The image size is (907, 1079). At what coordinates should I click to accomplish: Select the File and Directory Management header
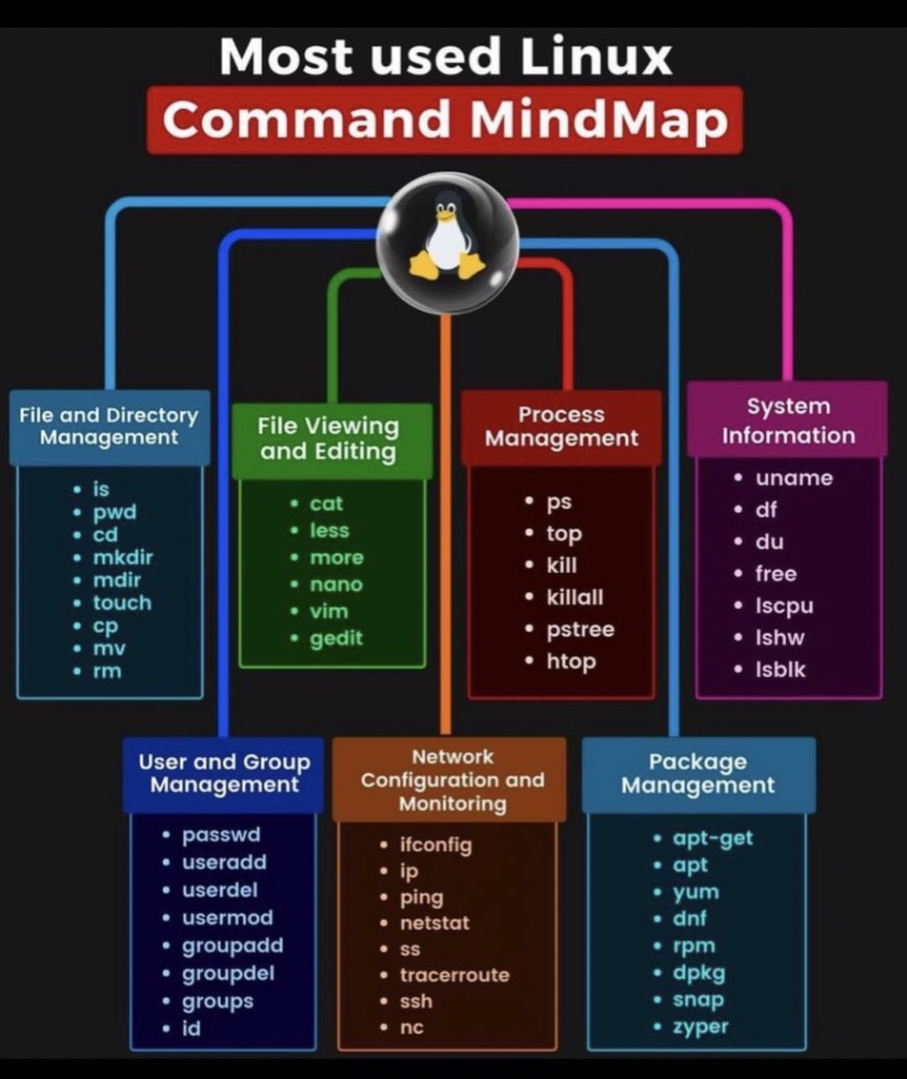pyautogui.click(x=109, y=427)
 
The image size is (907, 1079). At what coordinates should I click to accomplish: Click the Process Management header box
pyautogui.click(x=561, y=427)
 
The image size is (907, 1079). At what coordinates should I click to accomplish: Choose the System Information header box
pyautogui.click(x=788, y=420)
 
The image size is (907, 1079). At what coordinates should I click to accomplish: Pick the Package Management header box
pyautogui.click(x=698, y=774)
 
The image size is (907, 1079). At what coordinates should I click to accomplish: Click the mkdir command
pyautogui.click(x=123, y=558)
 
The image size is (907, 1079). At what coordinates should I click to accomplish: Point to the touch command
pyautogui.click(x=122, y=603)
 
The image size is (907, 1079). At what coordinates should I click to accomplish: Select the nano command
pyautogui.click(x=336, y=584)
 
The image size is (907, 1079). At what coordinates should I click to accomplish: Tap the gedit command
pyautogui.click(x=336, y=638)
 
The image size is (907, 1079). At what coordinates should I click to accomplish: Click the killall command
pyautogui.click(x=575, y=597)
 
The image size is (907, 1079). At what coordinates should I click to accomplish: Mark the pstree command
pyautogui.click(x=580, y=629)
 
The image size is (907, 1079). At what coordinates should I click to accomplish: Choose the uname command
pyautogui.click(x=794, y=478)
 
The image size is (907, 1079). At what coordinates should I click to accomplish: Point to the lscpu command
pyautogui.click(x=784, y=605)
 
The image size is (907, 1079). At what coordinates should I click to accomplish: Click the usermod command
pyautogui.click(x=228, y=918)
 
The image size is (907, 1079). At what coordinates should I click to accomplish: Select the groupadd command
pyautogui.click(x=232, y=945)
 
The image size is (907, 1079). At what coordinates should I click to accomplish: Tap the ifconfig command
pyautogui.click(x=436, y=845)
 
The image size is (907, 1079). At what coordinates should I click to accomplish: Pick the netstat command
pyautogui.click(x=434, y=922)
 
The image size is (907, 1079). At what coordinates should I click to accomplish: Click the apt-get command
pyautogui.click(x=713, y=838)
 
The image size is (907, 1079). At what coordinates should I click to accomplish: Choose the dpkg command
pyautogui.click(x=699, y=972)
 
